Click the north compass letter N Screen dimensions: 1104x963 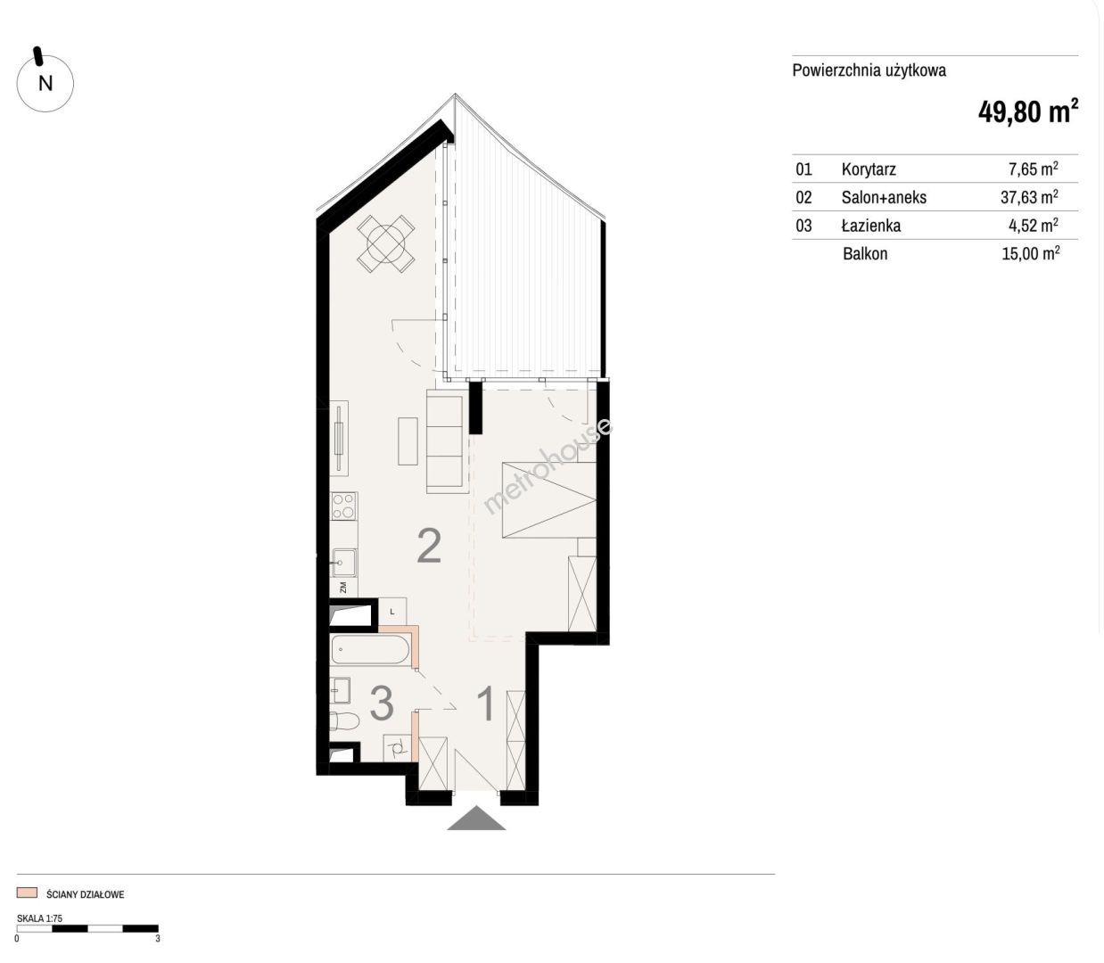pyautogui.click(x=45, y=84)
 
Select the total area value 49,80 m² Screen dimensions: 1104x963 pyautogui.click(x=1028, y=111)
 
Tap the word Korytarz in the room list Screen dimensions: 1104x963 pyautogui.click(x=869, y=169)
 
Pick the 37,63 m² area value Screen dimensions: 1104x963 pyautogui.click(x=1029, y=197)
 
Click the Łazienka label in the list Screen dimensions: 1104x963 pyautogui.click(x=871, y=225)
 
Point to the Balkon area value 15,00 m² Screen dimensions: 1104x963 pyautogui.click(x=1030, y=253)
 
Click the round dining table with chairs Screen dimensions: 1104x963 pyautogui.click(x=386, y=243)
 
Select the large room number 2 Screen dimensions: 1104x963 pyautogui.click(x=430, y=547)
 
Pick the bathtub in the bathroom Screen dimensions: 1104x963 pyautogui.click(x=370, y=649)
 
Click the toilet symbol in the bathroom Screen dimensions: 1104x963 pyautogui.click(x=344, y=721)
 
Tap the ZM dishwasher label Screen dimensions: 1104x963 pyautogui.click(x=343, y=587)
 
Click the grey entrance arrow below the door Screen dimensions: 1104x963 pyautogui.click(x=476, y=818)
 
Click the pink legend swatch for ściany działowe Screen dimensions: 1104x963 pyautogui.click(x=27, y=893)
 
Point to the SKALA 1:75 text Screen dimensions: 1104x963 pyautogui.click(x=40, y=918)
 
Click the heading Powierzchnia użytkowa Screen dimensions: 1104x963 pyautogui.click(x=869, y=70)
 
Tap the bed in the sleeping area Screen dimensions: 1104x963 pyautogui.click(x=548, y=499)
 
